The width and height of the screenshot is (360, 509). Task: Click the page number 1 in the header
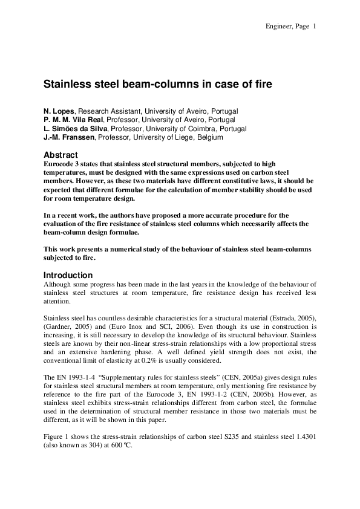[x=315, y=26]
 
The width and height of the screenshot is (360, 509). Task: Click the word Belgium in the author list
[x=209, y=137]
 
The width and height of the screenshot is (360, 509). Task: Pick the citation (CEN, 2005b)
[x=258, y=394]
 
